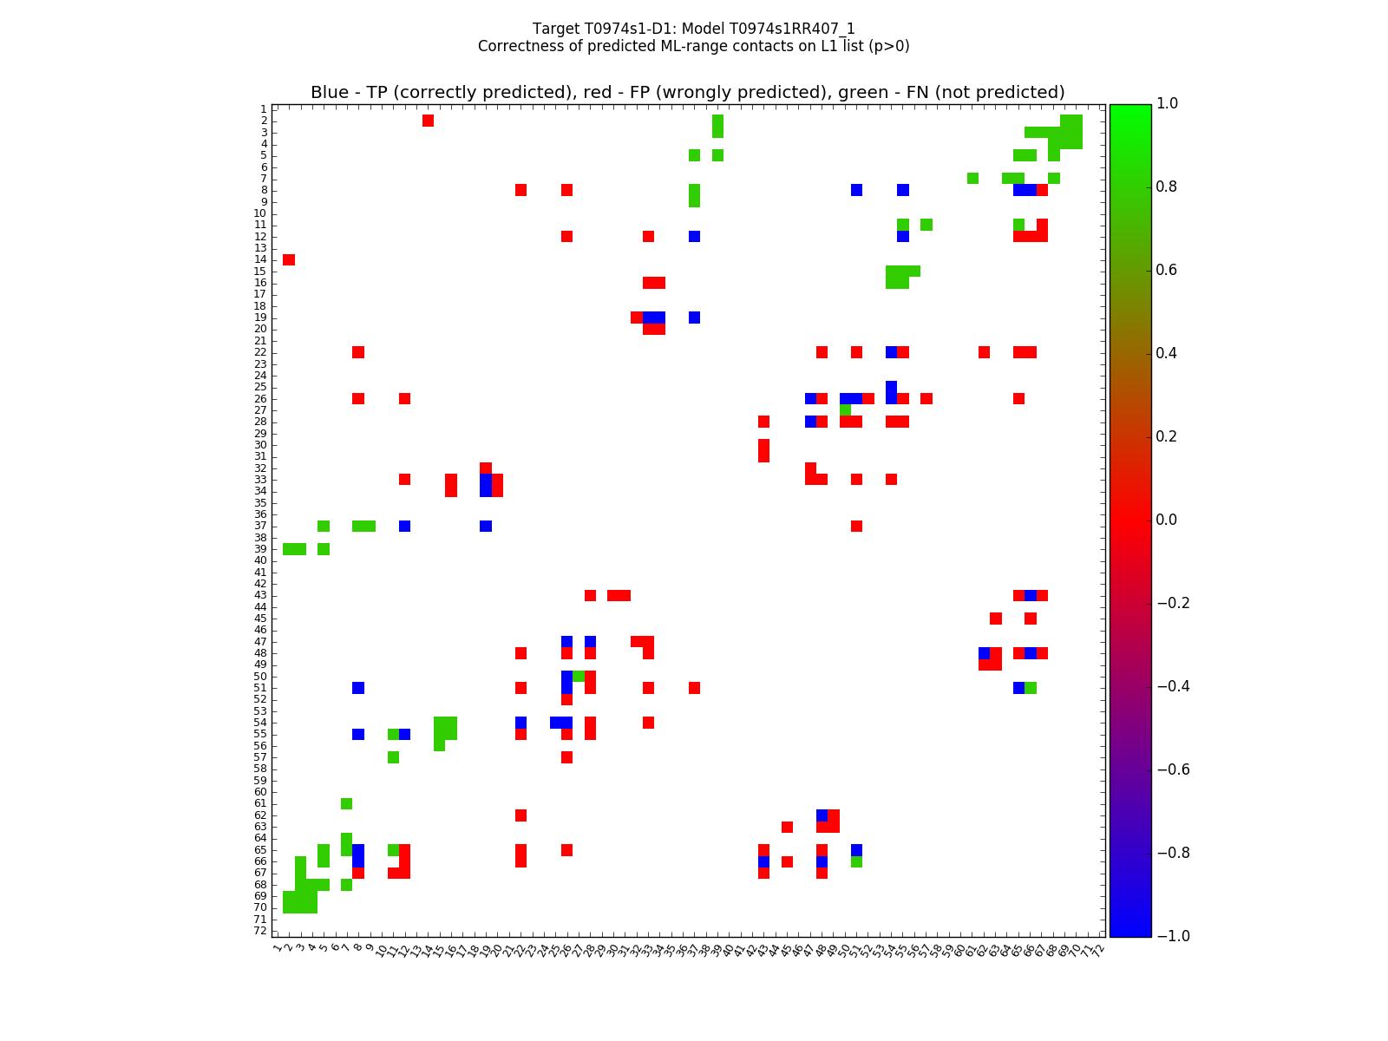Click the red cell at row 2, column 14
[428, 121]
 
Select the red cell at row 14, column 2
[289, 259]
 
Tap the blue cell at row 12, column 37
[694, 236]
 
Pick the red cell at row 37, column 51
[856, 526]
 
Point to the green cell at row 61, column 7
[347, 803]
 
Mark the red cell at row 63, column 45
[787, 827]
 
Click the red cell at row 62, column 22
[520, 815]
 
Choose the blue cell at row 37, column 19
[486, 526]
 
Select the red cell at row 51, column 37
[694, 688]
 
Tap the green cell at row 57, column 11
[393, 757]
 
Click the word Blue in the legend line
[329, 93]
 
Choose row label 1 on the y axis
[263, 109]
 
